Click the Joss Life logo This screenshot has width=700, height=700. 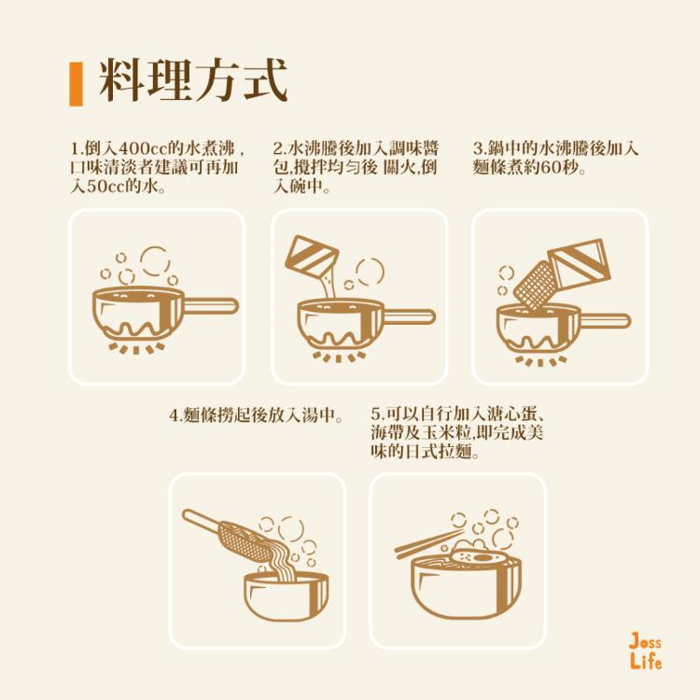[x=645, y=651]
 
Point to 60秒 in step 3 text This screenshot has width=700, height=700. [x=558, y=168]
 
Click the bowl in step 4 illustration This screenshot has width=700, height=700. [x=286, y=597]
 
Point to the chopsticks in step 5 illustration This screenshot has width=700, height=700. [x=428, y=542]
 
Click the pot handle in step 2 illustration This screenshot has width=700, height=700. [x=411, y=316]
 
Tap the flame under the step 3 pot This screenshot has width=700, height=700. [x=541, y=360]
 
